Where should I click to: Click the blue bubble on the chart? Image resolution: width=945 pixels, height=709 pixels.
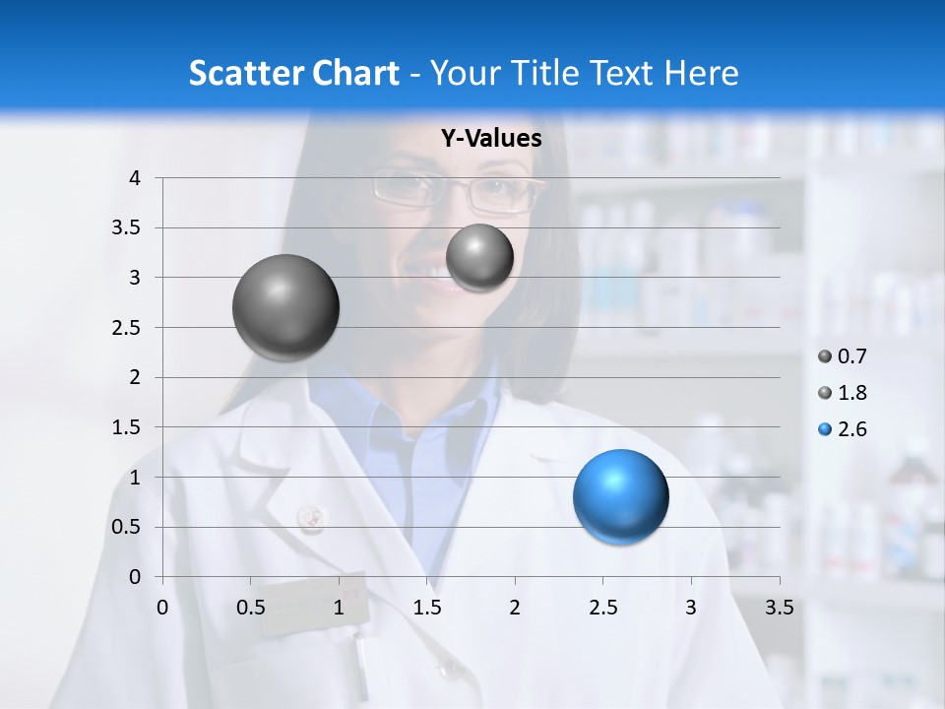(x=620, y=496)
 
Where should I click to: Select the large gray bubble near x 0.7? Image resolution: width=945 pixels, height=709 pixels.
(x=285, y=307)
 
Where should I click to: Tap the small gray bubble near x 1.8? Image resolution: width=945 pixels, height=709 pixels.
(x=479, y=257)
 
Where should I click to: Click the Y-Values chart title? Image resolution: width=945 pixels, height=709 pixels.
(x=490, y=139)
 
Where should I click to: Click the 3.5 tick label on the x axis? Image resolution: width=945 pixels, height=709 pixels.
(x=779, y=607)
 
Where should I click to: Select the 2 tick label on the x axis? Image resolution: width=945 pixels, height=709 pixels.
(x=515, y=607)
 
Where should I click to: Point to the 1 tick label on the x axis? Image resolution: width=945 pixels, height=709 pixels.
(x=339, y=607)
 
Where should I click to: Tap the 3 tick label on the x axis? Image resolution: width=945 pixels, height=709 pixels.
(x=691, y=607)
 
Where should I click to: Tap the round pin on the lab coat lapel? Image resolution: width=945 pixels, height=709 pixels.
(x=311, y=517)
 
